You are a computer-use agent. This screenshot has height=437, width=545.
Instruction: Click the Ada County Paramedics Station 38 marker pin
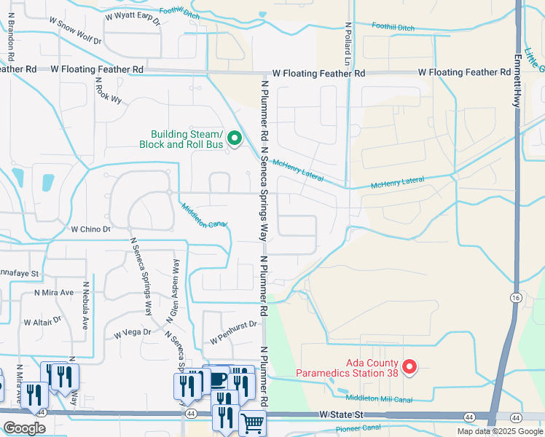[409, 366]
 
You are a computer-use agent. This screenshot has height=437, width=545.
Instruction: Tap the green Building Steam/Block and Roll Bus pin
[235, 138]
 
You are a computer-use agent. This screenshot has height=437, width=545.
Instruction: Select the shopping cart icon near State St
[252, 423]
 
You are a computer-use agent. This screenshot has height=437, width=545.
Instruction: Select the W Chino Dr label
[90, 229]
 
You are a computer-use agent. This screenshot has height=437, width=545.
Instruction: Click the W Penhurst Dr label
[234, 333]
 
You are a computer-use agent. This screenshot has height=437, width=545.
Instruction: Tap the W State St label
[340, 414]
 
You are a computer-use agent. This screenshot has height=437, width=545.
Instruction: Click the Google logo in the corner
[24, 428]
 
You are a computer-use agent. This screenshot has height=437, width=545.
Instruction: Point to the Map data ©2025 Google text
[499, 431]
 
